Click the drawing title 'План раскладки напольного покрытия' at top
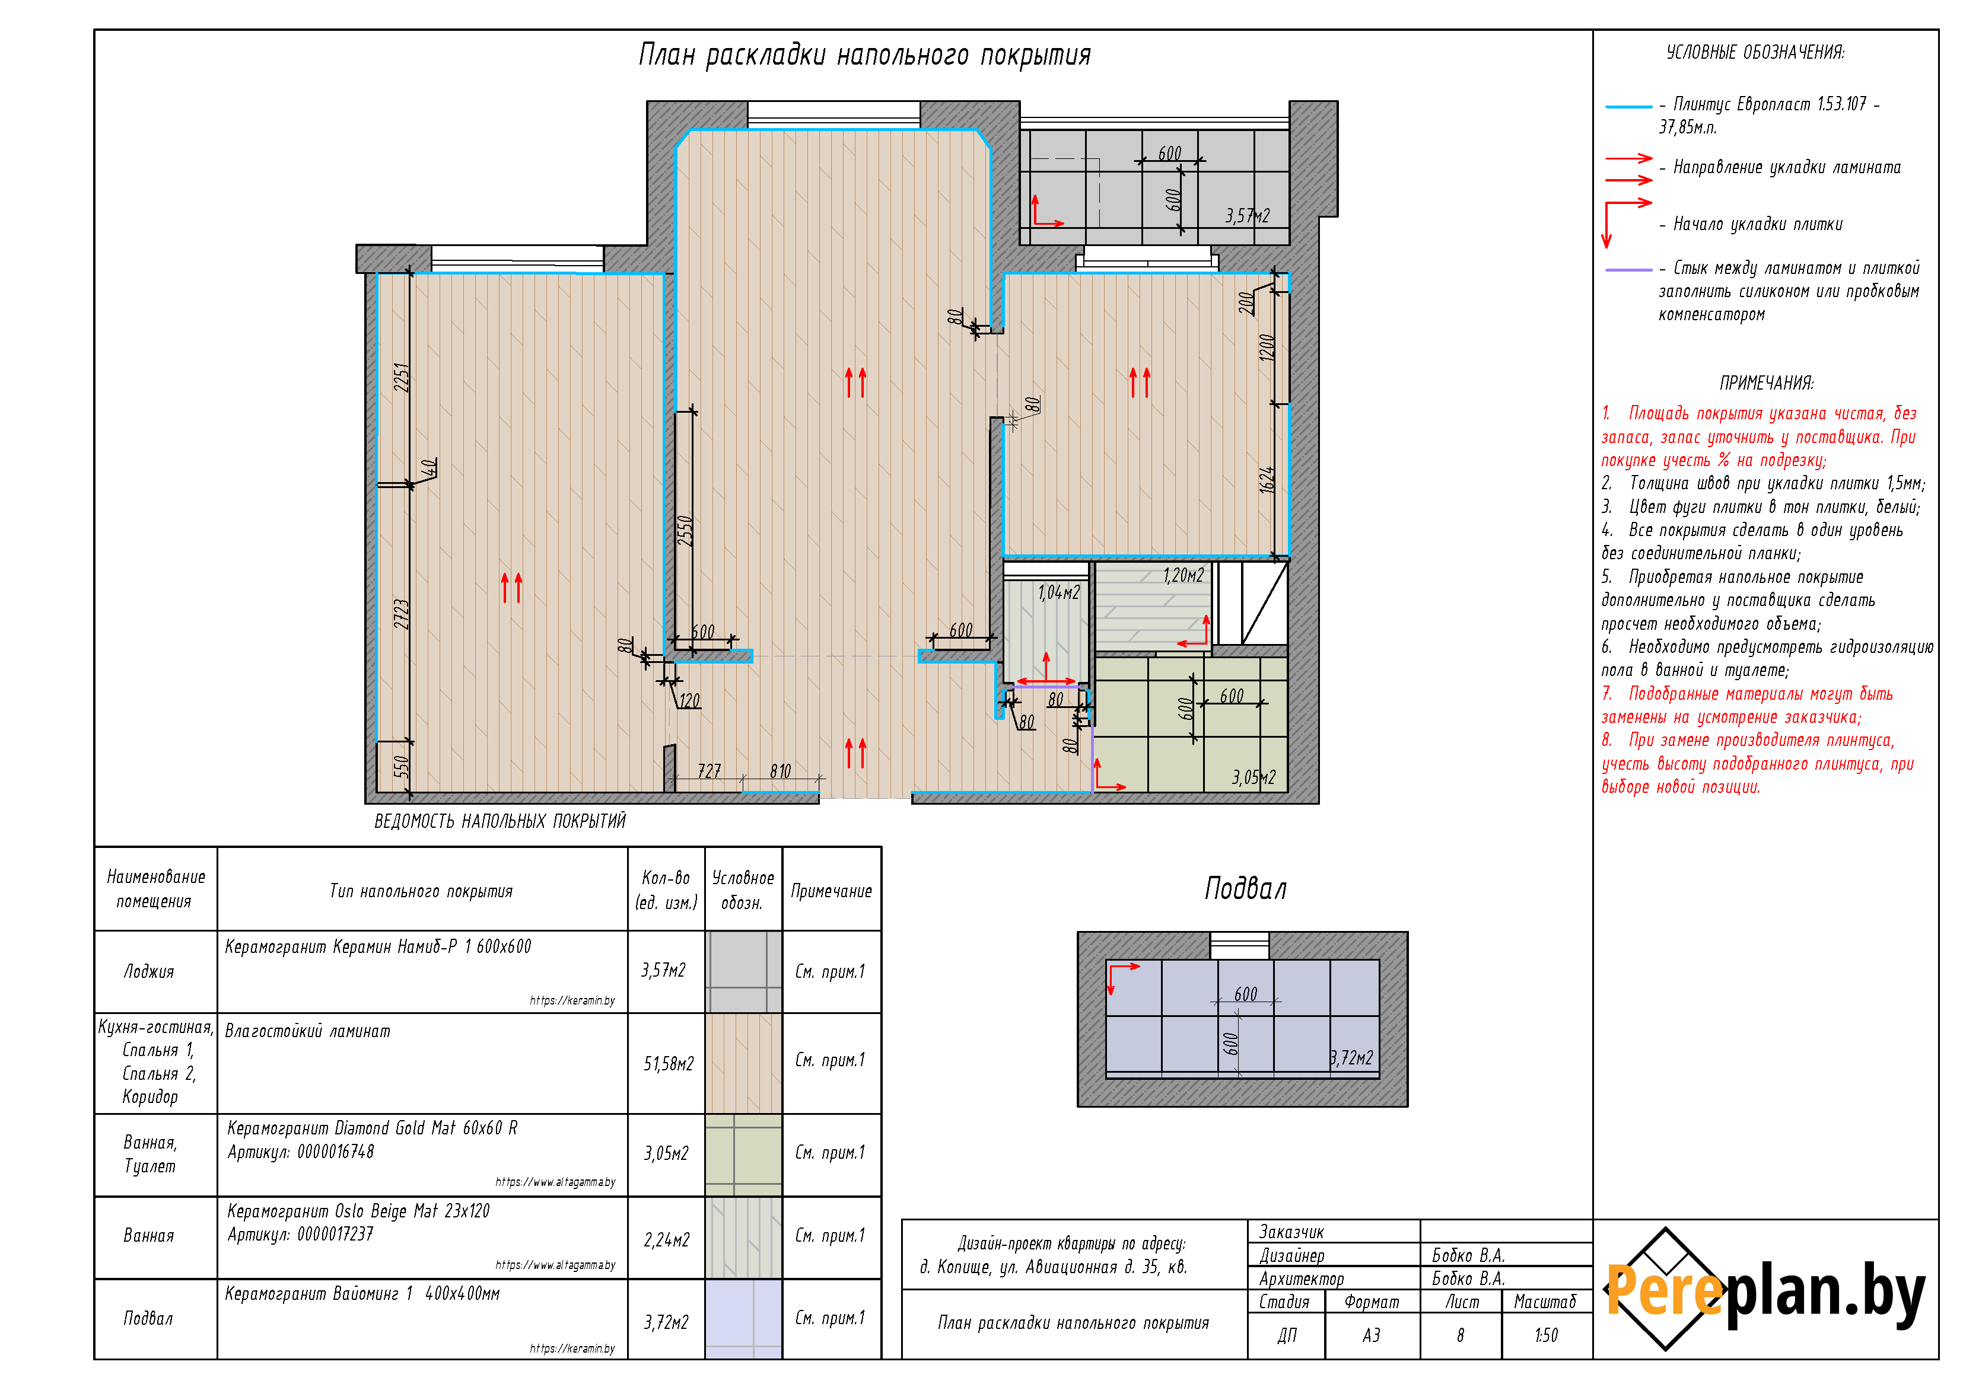click(864, 55)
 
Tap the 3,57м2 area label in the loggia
click(1248, 215)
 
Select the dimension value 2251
click(402, 377)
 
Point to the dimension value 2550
click(685, 531)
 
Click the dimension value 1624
click(1267, 479)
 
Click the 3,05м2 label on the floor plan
click(1253, 777)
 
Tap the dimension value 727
click(710, 771)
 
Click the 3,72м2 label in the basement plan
click(1352, 1058)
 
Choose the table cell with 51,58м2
click(669, 1064)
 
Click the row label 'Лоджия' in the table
click(149, 972)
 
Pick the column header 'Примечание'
click(831, 891)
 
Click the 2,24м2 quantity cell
click(667, 1240)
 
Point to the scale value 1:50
click(1546, 1335)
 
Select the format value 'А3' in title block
click(1372, 1335)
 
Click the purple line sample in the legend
click(1628, 270)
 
